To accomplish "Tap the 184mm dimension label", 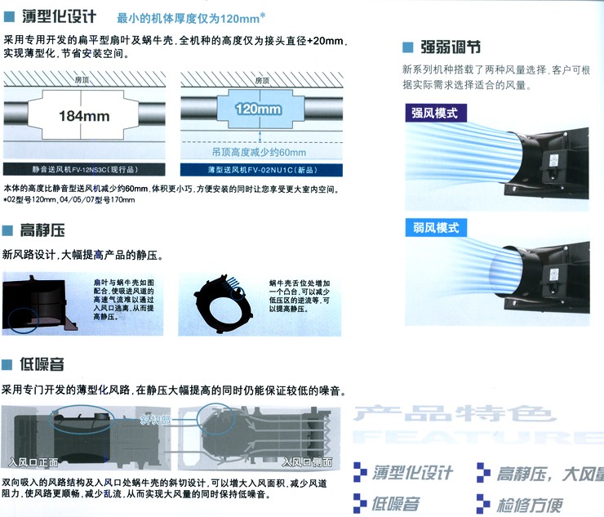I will (x=84, y=115).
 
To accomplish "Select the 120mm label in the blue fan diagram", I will (x=257, y=109).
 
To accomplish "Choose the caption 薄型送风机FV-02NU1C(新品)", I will (x=259, y=170).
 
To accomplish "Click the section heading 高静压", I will (x=42, y=231).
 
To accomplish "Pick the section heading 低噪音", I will (x=42, y=364).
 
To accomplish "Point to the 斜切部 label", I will (x=155, y=421).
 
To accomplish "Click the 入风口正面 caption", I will (x=33, y=461).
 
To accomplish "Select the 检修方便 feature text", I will (x=535, y=502).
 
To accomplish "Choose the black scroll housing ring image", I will (x=222, y=303).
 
